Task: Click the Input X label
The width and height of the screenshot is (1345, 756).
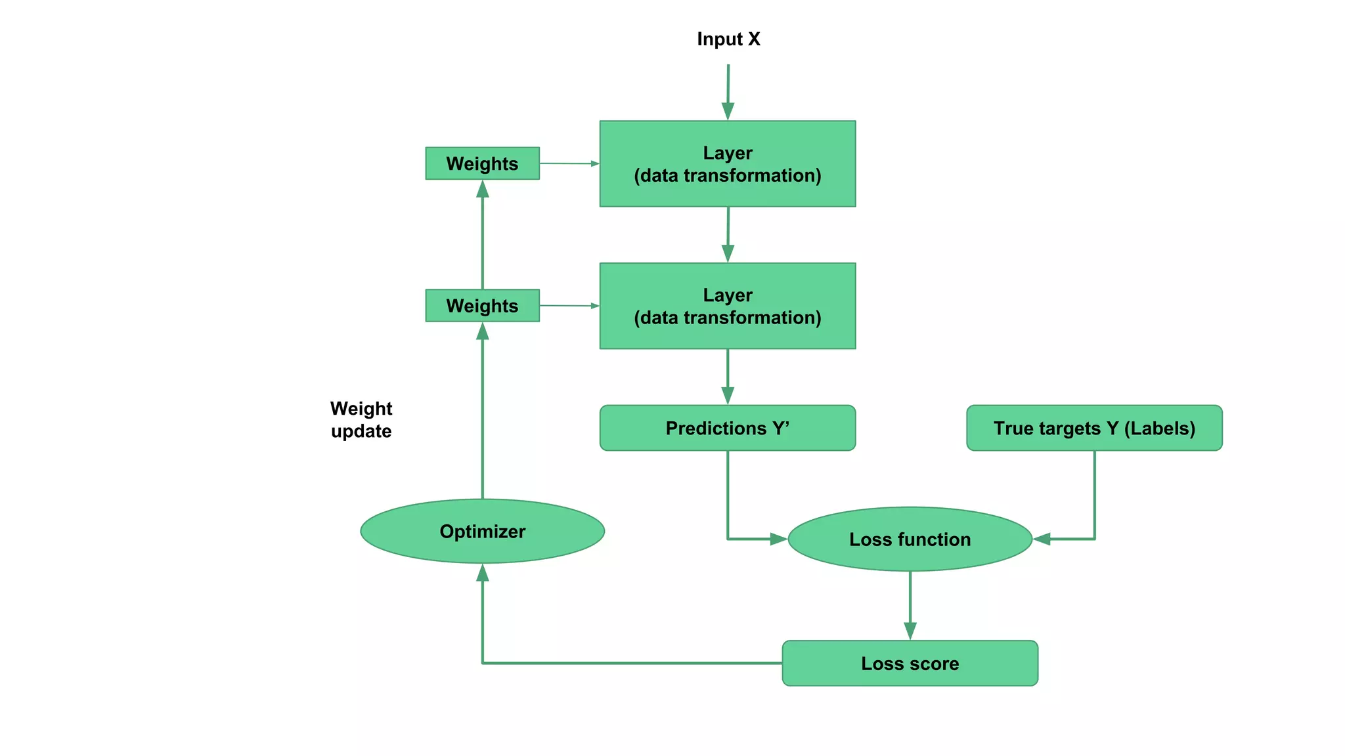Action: pos(728,39)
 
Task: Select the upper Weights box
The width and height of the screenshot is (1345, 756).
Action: pos(482,163)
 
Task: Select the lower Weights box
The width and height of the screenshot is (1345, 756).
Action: pos(482,306)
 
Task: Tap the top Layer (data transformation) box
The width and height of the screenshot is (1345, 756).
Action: pos(727,164)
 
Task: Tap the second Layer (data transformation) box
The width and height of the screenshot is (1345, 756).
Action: pos(727,306)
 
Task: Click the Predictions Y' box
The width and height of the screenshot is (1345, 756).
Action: pos(727,428)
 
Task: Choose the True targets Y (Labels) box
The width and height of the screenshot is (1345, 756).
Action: pos(1094,428)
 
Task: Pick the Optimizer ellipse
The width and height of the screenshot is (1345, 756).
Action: pos(482,531)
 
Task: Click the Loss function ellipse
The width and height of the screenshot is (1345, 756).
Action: pos(910,539)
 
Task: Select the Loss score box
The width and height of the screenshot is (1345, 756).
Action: pos(910,663)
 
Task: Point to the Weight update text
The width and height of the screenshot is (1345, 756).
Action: pos(361,420)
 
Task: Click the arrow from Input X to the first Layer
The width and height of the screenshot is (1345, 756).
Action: pos(728,92)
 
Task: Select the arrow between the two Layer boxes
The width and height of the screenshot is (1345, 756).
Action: pos(728,235)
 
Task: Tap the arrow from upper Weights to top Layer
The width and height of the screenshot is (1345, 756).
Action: pos(569,163)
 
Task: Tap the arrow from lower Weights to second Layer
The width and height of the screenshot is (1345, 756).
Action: pos(569,306)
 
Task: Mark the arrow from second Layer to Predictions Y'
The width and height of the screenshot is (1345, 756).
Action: pos(728,377)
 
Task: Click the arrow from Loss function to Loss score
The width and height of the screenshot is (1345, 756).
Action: pos(910,605)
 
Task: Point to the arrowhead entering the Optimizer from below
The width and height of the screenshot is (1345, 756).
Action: pos(483,574)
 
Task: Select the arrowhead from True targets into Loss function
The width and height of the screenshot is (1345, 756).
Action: pos(1042,539)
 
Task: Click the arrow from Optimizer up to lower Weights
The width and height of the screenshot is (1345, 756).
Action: pos(483,413)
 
